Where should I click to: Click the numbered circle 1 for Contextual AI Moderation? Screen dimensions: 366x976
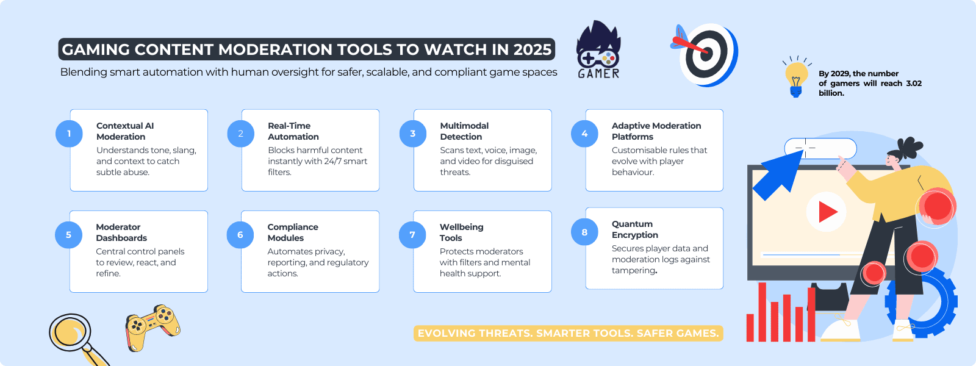(x=69, y=134)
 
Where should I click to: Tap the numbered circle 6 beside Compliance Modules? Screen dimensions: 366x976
(x=240, y=235)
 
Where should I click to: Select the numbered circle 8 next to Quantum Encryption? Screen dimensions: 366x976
(x=584, y=232)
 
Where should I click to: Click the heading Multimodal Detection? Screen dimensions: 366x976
(x=464, y=131)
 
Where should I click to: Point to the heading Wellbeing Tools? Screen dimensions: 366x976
(x=461, y=232)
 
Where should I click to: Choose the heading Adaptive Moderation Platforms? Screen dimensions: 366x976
(x=656, y=131)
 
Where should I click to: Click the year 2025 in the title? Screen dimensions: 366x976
(x=532, y=49)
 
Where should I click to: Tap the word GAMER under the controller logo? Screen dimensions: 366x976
(x=598, y=74)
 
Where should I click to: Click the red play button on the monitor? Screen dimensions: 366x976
(x=826, y=212)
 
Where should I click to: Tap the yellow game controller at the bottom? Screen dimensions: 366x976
(x=152, y=327)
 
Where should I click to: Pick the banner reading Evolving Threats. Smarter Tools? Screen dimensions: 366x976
(x=568, y=333)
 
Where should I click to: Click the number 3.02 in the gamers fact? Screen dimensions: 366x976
(x=913, y=84)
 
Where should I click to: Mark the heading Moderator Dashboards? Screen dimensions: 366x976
(x=121, y=232)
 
